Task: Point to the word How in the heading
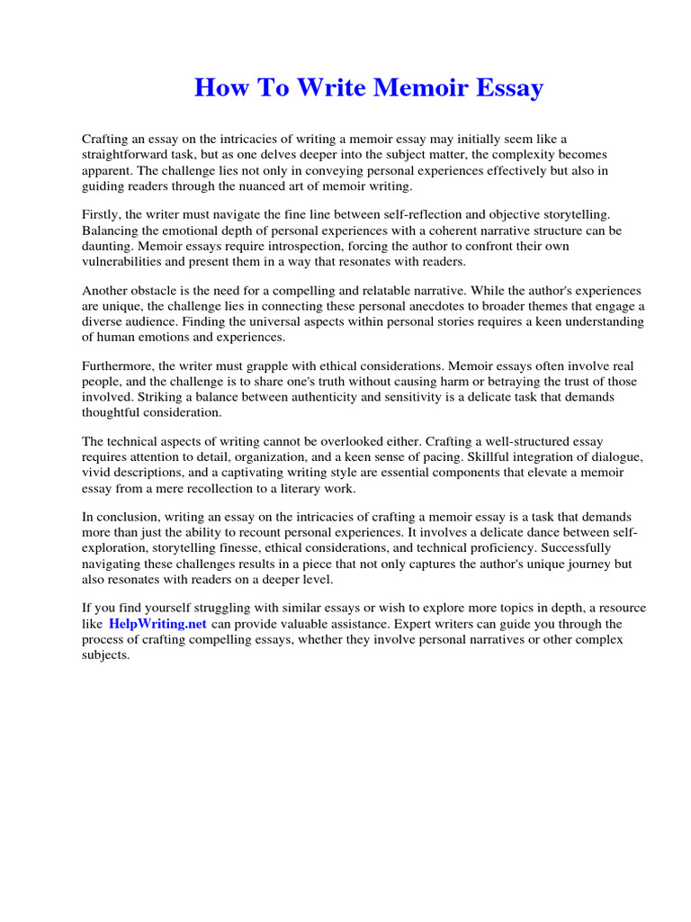coord(216,88)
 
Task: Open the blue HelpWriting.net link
coord(158,624)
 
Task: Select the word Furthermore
coord(121,366)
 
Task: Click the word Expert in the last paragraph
coord(393,624)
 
